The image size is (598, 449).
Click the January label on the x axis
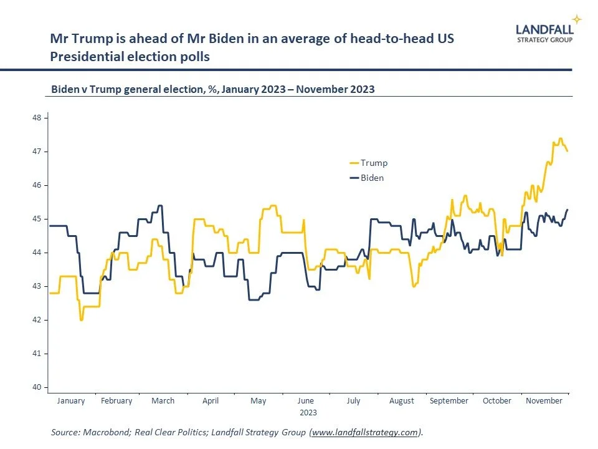tap(71, 401)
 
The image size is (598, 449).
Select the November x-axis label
tap(544, 401)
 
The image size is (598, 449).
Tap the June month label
tap(306, 401)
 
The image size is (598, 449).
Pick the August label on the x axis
tap(402, 401)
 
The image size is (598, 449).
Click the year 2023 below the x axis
tap(308, 413)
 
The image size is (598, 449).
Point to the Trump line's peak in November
tap(560, 138)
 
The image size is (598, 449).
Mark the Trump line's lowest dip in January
tap(82, 319)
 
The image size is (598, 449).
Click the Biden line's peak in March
tap(160, 205)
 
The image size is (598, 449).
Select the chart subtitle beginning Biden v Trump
tap(213, 89)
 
